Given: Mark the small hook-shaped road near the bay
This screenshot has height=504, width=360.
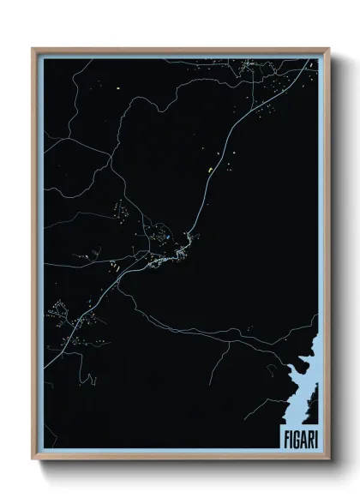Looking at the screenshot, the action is tap(273, 369).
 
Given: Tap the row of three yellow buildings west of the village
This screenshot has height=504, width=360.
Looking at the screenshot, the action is tap(112, 267).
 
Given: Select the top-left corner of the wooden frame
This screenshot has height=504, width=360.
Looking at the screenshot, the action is tap(33, 50).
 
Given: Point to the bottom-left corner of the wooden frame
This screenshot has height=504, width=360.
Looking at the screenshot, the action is tap(33, 460).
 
